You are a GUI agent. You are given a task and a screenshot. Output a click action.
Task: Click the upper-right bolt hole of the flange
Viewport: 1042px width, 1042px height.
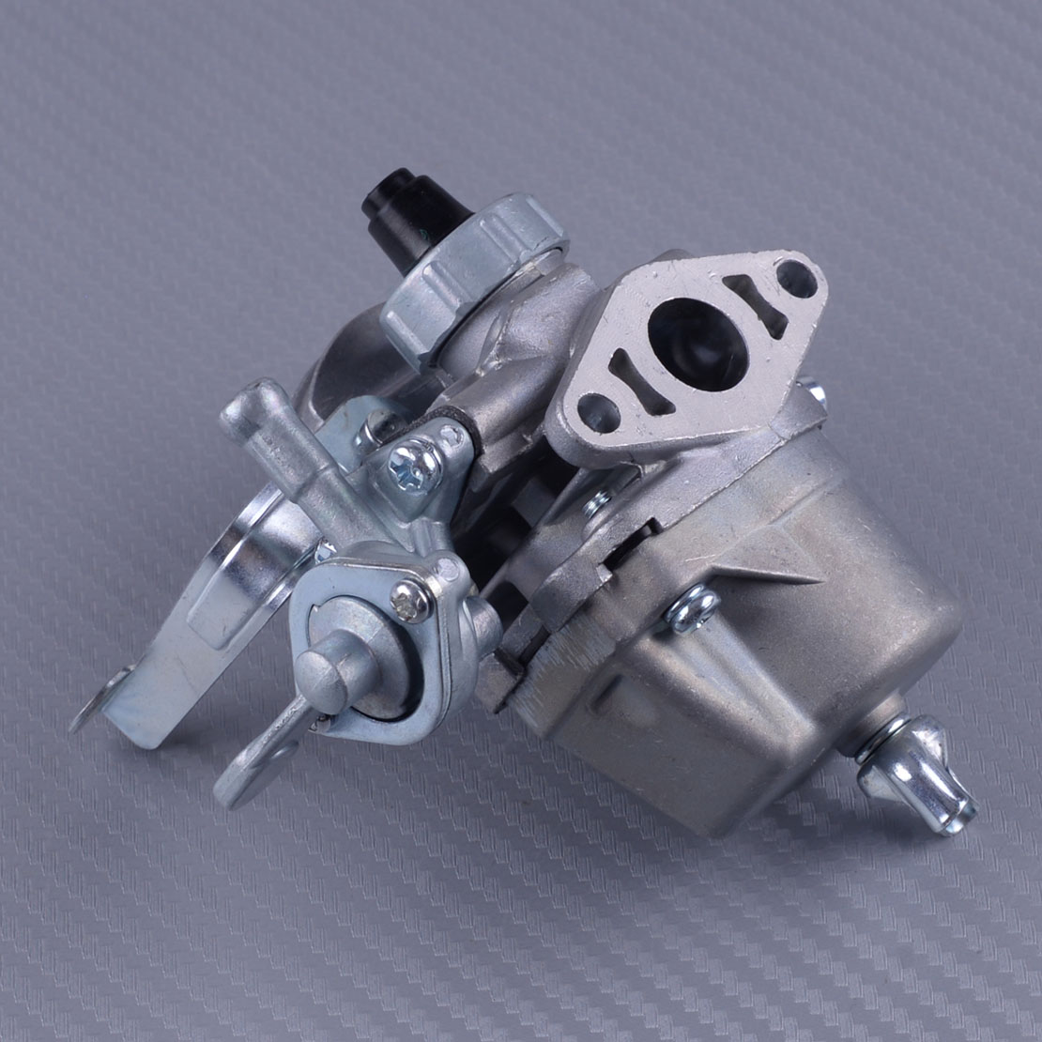pos(796,277)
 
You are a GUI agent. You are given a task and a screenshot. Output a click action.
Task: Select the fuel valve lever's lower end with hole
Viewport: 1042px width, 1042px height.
pos(249,770)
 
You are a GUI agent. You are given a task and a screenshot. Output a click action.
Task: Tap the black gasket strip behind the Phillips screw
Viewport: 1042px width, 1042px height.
pos(469,426)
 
